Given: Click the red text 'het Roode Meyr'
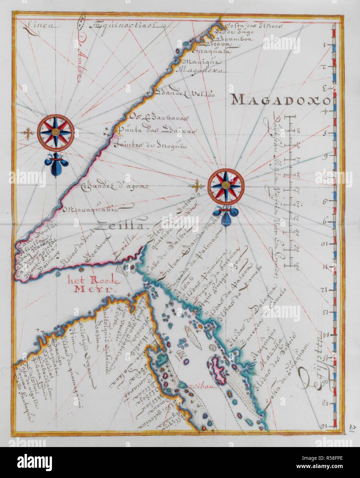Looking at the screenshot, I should tap(94, 284).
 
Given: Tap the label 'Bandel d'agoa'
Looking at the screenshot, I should tap(114, 187).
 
